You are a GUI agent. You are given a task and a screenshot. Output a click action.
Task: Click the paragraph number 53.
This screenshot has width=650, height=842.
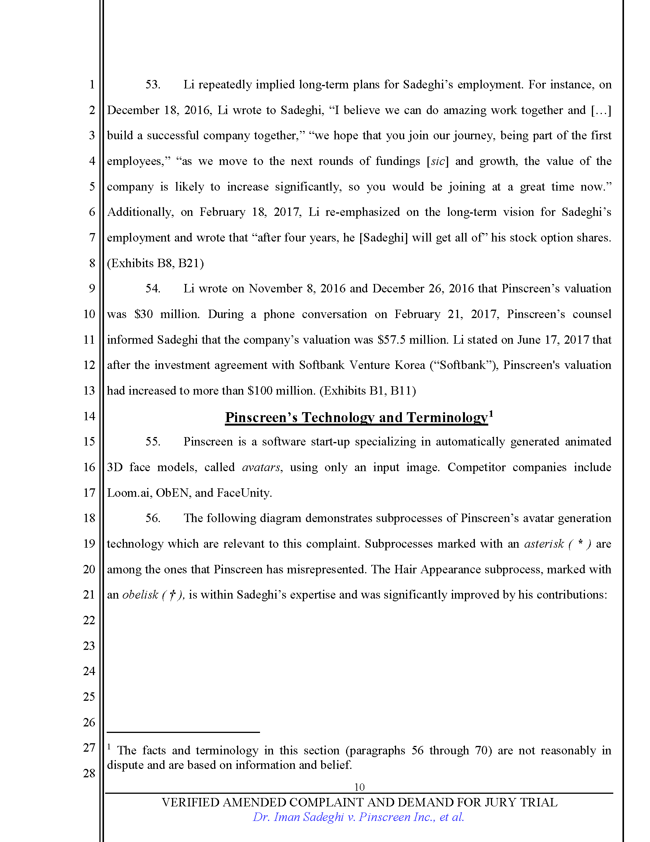point(153,85)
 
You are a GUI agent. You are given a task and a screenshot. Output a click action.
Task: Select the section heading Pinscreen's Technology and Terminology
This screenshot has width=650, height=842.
point(356,418)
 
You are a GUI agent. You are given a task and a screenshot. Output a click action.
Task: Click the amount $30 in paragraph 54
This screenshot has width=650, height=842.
point(144,314)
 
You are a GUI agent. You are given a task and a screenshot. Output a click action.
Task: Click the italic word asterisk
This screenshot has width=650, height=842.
point(544,543)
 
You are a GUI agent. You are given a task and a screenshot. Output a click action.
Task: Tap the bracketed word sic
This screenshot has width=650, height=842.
point(438,161)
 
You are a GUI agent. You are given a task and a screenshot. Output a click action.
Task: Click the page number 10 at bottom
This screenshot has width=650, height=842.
point(359,787)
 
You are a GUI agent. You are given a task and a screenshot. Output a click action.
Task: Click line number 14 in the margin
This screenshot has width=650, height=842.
point(89,416)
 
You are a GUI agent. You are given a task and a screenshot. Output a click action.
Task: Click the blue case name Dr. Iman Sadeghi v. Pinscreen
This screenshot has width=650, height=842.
point(358,817)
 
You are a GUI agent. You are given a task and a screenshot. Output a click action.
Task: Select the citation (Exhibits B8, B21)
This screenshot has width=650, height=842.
point(155,263)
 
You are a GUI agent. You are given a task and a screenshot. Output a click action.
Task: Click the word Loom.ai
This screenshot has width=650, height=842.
point(128,493)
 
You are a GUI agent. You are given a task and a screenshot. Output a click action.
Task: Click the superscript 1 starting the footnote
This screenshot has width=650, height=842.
point(109,747)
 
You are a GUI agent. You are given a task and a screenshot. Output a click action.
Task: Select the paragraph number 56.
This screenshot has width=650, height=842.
point(153,518)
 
